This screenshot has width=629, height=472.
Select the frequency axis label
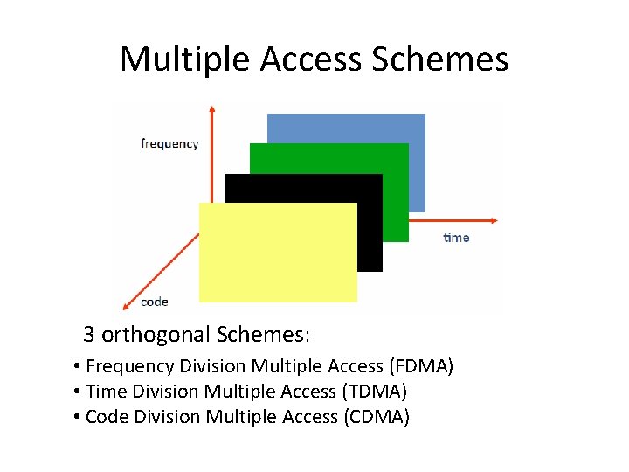169,143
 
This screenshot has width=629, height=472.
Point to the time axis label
456,238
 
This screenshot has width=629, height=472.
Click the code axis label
155,302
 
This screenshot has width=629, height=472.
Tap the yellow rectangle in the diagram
278,253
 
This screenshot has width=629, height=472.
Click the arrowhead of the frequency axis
212,108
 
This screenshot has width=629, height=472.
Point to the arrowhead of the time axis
494,220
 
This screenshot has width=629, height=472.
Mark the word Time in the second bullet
106,391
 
